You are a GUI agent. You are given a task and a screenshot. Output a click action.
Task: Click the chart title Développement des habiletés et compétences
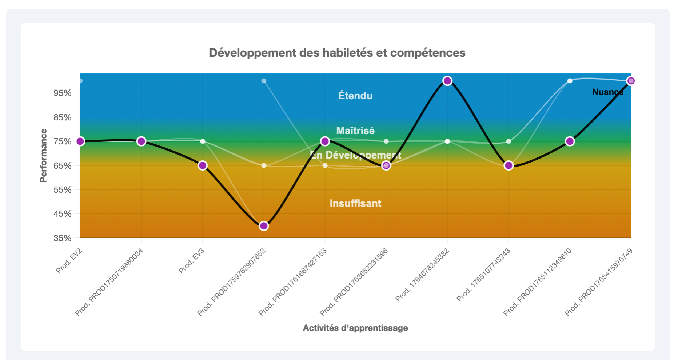[337, 53]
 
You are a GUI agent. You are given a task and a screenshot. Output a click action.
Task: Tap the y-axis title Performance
[44, 156]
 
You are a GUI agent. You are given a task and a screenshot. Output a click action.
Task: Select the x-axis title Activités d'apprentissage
[355, 328]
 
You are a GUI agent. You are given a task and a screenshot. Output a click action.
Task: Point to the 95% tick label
[63, 93]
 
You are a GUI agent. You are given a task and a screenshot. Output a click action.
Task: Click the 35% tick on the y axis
[63, 238]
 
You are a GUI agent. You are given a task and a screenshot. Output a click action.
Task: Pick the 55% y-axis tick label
[63, 190]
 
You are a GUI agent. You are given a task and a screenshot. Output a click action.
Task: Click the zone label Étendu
[355, 96]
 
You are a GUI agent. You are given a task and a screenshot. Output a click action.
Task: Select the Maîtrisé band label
[355, 131]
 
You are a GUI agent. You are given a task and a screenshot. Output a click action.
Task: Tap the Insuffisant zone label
[355, 203]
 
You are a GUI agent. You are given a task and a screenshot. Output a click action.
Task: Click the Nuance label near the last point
[607, 92]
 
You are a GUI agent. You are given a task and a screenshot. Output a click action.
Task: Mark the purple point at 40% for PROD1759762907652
[264, 226]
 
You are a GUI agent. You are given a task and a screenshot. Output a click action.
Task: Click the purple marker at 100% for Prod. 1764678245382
[447, 81]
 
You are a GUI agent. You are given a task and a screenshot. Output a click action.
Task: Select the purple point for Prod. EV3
[203, 165]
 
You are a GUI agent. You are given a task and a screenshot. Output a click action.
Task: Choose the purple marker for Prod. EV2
[80, 141]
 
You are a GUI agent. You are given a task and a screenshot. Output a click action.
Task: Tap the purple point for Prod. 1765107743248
[509, 165]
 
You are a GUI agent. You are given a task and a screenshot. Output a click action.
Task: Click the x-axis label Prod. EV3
[191, 261]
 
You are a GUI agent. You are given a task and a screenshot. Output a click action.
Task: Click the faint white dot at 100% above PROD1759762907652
[264, 81]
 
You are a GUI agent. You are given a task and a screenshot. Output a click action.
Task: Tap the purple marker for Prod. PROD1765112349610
[570, 141]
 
